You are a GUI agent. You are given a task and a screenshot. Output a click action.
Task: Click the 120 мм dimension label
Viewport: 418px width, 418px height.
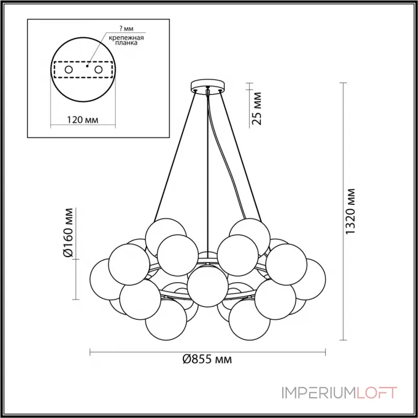click(x=83, y=120)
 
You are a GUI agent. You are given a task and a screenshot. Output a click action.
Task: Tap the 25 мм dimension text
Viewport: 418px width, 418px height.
click(x=257, y=109)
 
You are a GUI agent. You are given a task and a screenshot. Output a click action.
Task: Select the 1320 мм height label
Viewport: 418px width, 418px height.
click(x=350, y=211)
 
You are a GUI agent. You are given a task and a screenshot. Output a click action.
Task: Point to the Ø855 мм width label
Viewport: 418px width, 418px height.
click(x=207, y=359)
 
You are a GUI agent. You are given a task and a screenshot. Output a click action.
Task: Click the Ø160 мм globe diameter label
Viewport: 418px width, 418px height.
click(x=68, y=232)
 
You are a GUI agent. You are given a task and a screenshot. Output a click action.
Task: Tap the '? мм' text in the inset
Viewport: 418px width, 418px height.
click(x=126, y=29)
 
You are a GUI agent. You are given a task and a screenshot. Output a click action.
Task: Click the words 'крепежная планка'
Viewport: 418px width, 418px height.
click(x=126, y=40)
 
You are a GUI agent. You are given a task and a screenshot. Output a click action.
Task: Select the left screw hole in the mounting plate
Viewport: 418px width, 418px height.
click(x=69, y=70)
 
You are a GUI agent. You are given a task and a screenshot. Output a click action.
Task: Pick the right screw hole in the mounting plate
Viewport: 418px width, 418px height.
click(x=98, y=70)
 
